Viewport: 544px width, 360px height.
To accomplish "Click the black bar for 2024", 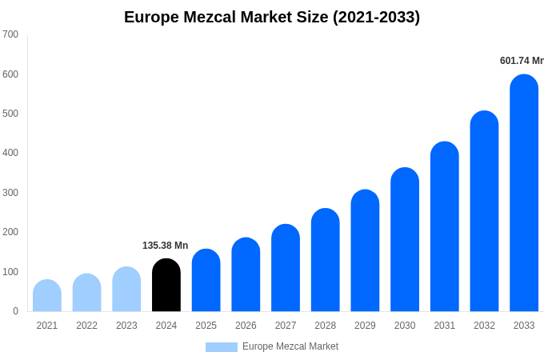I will [166, 286].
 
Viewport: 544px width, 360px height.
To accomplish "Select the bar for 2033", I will [524, 194].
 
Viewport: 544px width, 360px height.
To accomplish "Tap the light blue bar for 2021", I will [47, 296].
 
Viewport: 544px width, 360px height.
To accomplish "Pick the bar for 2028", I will [326, 260].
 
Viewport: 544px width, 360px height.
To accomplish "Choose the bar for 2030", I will [405, 240].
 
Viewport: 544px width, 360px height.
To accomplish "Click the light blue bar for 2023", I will [126, 290].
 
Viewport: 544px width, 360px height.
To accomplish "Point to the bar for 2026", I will [246, 275].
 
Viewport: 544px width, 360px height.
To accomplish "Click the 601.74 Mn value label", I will [522, 61].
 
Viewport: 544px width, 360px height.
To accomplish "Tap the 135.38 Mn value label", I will [166, 246].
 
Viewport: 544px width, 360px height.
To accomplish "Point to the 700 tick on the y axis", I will [10, 34].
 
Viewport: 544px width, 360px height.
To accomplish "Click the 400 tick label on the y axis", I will [10, 153].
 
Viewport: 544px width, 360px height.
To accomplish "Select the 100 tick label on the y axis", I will [10, 272].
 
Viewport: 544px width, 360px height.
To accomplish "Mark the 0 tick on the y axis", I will [15, 311].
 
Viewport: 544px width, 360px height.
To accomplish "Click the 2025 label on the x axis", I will [206, 326].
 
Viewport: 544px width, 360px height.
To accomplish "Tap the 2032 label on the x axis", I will [484, 326].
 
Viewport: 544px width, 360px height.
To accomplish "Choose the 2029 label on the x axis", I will [365, 326].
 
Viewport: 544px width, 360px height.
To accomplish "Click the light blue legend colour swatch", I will [222, 347].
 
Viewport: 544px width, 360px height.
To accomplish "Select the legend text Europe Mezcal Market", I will [290, 346].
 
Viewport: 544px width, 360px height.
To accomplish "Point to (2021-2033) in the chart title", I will [376, 17].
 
